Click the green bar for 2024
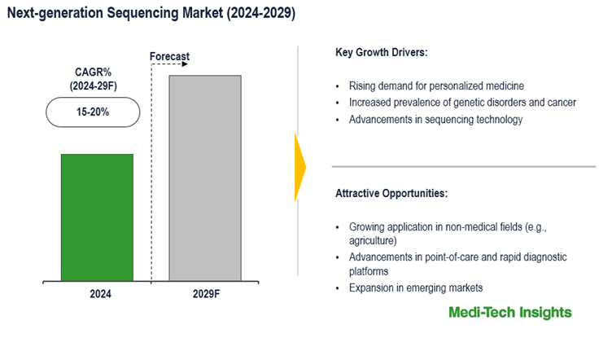(x=97, y=217)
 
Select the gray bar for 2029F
(x=204, y=178)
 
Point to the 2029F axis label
(x=205, y=295)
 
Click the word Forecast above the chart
(x=169, y=57)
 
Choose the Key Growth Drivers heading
(x=381, y=53)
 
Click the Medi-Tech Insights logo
(x=510, y=313)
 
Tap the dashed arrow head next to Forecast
(x=186, y=64)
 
